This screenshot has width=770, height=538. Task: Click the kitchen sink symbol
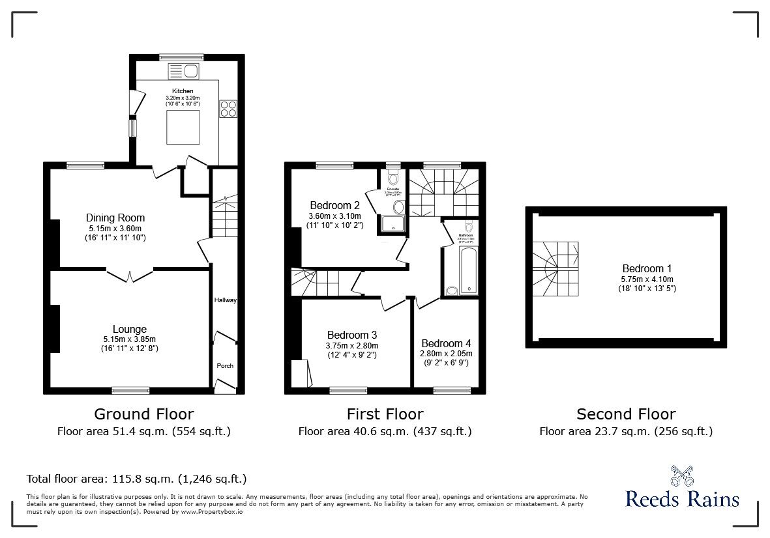click(184, 71)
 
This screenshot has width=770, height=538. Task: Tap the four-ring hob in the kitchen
click(228, 109)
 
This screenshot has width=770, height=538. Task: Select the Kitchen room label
click(183, 91)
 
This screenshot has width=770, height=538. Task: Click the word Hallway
click(226, 300)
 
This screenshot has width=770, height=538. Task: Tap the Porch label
click(225, 365)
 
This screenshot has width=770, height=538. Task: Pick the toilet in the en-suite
click(392, 177)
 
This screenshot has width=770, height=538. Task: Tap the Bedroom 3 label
click(352, 335)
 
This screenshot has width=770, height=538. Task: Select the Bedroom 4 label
click(446, 343)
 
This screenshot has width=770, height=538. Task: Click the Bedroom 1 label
click(647, 268)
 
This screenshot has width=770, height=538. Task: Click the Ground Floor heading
click(143, 414)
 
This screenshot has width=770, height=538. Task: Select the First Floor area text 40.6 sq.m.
click(385, 431)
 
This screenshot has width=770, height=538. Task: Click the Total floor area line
click(136, 479)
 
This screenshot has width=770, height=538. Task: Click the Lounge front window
click(130, 390)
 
